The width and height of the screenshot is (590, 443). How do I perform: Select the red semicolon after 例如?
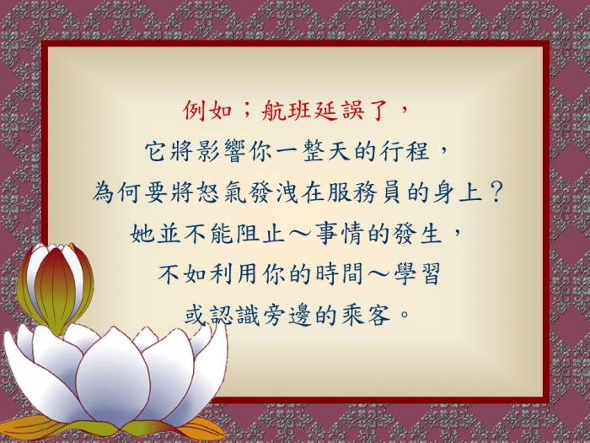pos(245,111)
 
